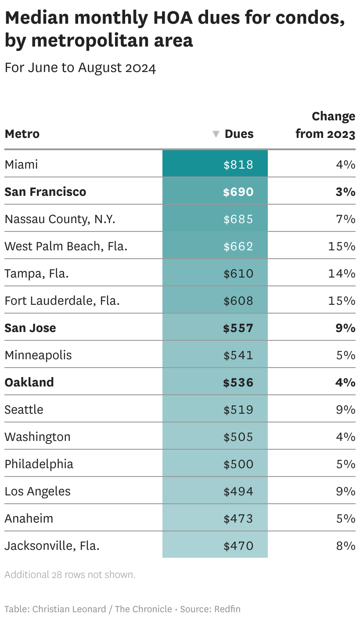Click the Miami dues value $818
238,165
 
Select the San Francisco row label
45,192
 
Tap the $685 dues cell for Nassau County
238,219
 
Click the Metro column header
22,134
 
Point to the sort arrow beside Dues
216,134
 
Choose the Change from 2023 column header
325,125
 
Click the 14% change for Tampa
342,274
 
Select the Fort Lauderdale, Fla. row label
62,301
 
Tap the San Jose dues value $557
238,328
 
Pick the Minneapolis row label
38,355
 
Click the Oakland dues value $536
238,383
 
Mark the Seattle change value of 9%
346,410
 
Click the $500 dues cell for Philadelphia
238,464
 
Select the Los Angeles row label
37,491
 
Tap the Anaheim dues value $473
238,519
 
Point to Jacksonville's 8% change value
346,546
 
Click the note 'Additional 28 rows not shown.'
70,574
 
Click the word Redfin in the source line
227,609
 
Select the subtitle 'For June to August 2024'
80,68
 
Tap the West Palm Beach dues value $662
238,246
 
